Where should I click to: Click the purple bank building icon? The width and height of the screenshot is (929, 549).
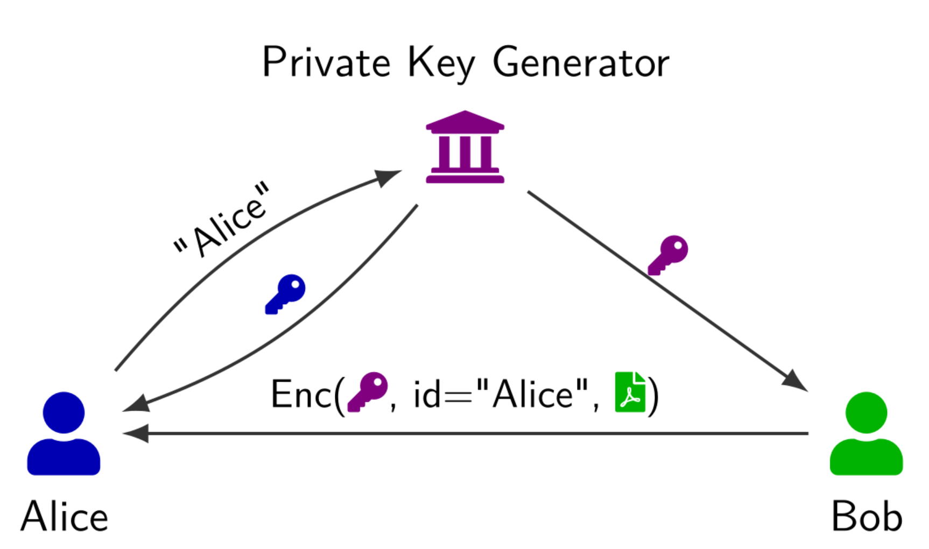(x=465, y=147)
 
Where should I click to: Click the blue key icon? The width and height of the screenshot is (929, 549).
(x=285, y=294)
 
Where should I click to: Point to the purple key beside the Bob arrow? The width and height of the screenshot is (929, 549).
(x=668, y=255)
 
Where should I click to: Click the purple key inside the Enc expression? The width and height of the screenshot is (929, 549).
(x=368, y=392)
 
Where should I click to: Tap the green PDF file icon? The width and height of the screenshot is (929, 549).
(x=630, y=392)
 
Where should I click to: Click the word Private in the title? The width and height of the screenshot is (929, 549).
(x=326, y=64)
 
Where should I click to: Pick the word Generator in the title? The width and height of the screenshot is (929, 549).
(x=581, y=64)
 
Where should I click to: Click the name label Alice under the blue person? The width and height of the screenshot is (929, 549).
(x=65, y=517)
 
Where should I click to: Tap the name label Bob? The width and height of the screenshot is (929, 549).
(x=867, y=517)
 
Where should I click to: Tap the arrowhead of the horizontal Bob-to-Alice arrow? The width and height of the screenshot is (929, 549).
(x=137, y=433)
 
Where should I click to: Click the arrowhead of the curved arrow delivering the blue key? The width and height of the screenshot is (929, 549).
(x=137, y=404)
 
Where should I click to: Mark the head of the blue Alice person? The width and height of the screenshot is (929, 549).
(x=64, y=412)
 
